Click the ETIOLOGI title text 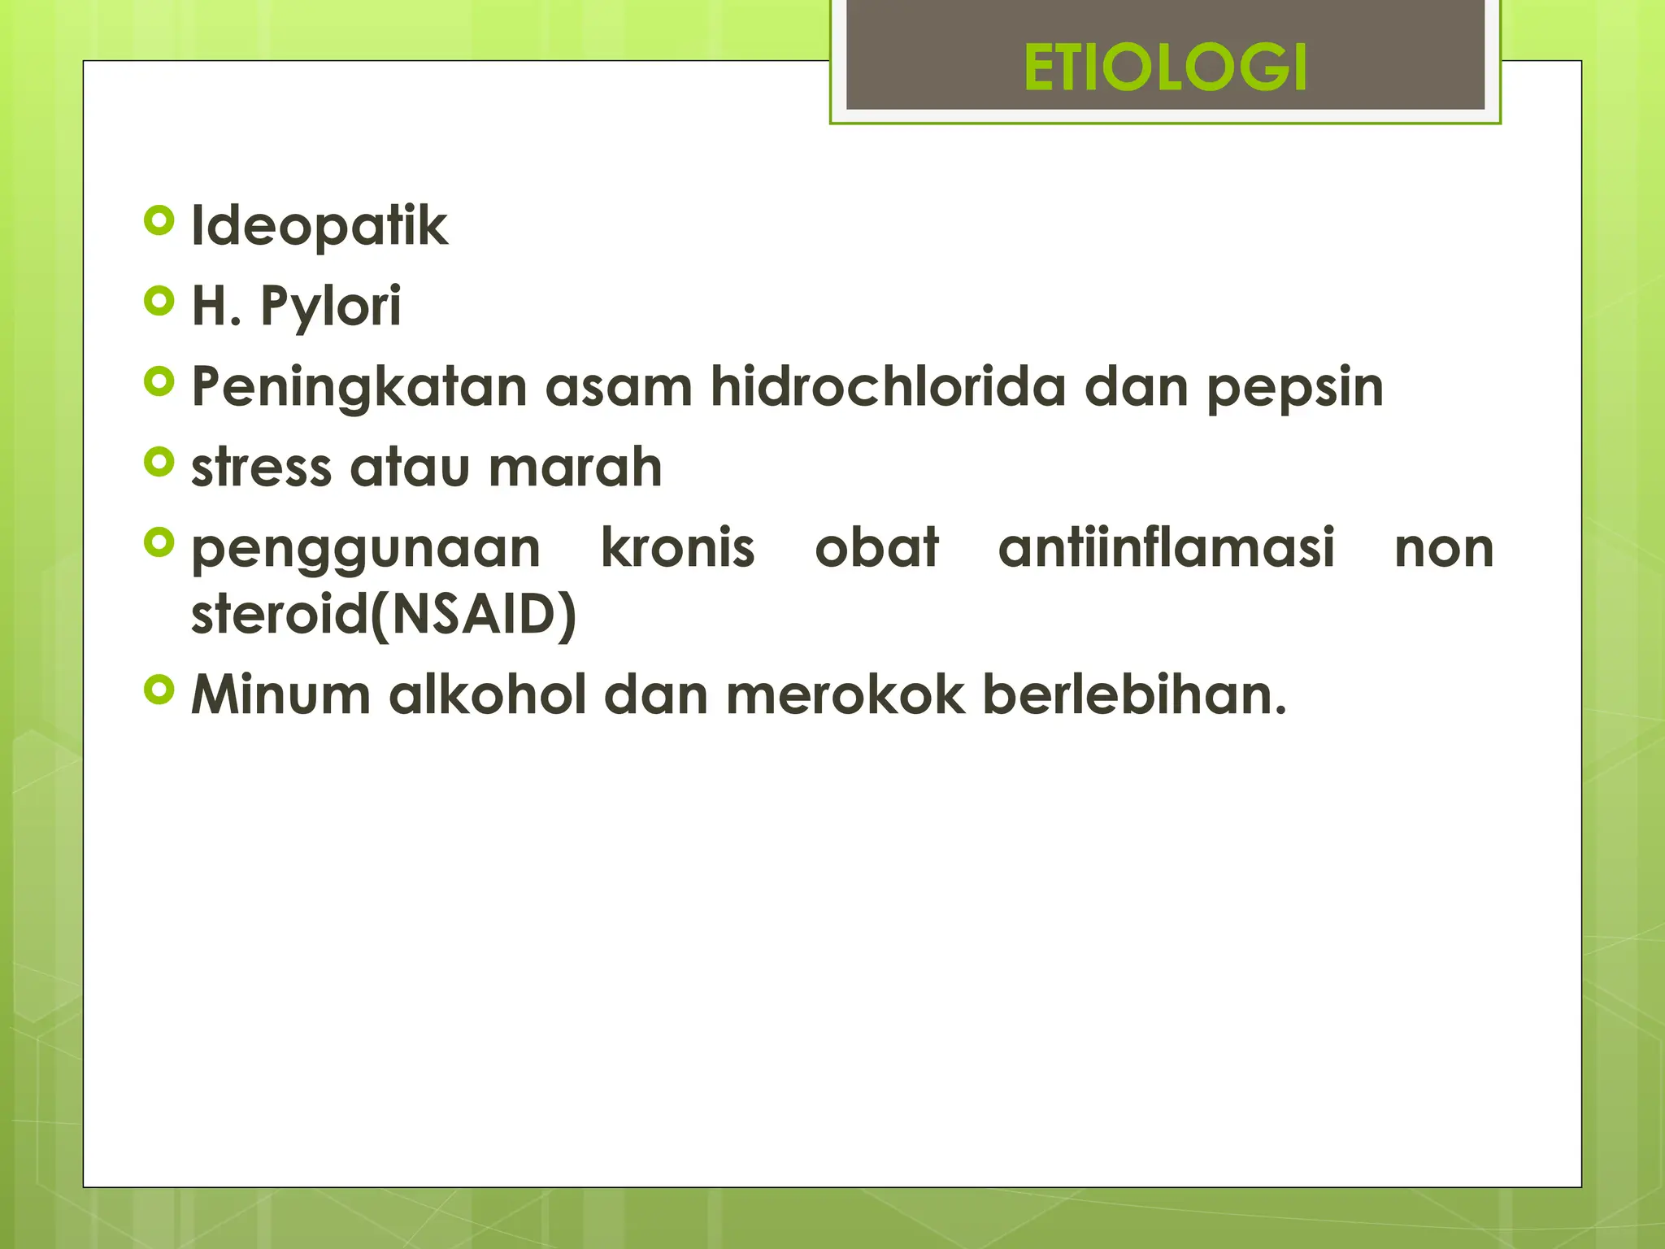click(1164, 67)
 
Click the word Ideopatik click(319, 226)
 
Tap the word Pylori click(330, 307)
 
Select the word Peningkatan click(359, 387)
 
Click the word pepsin click(1294, 388)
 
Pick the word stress click(261, 468)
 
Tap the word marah click(576, 468)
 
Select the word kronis click(677, 547)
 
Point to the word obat click(876, 547)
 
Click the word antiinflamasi click(1166, 547)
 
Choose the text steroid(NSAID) click(384, 614)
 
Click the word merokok click(845, 695)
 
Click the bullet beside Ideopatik click(159, 220)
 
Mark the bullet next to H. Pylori click(159, 301)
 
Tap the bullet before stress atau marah click(159, 462)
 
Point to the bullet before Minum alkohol click(159, 690)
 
